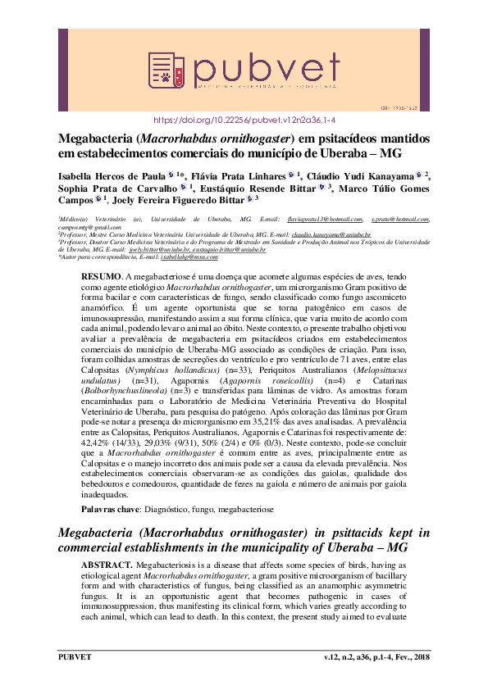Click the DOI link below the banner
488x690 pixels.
click(x=244, y=119)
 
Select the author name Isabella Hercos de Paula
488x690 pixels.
click(x=111, y=175)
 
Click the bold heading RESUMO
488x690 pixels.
click(x=100, y=279)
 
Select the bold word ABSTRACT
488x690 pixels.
click(x=107, y=565)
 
